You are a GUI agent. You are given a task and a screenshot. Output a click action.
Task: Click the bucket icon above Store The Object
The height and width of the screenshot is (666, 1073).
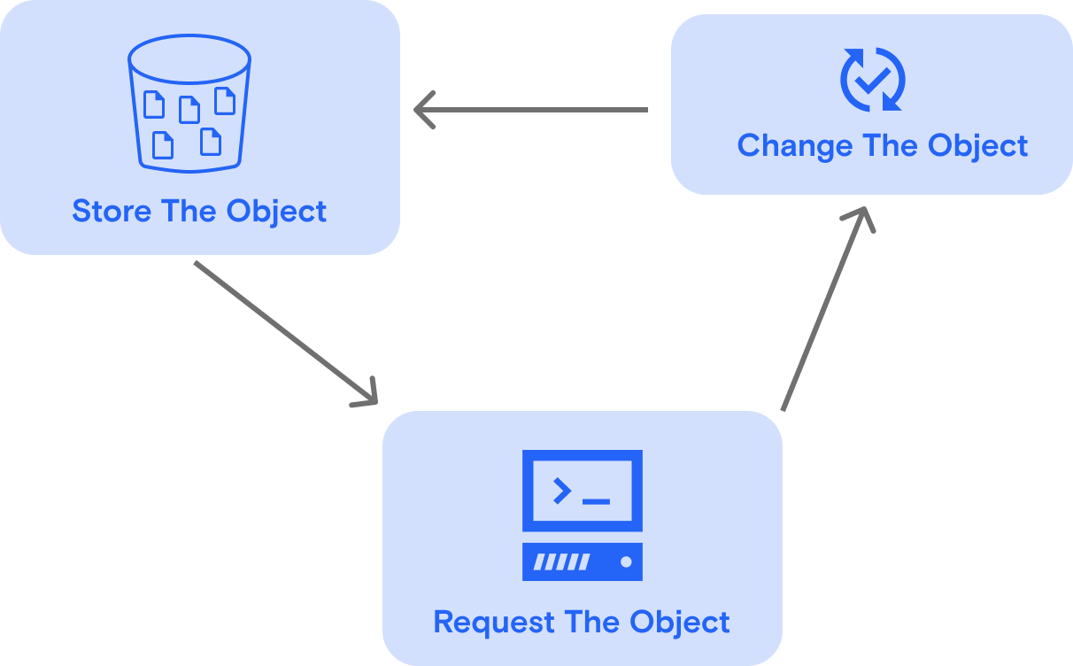click(x=189, y=104)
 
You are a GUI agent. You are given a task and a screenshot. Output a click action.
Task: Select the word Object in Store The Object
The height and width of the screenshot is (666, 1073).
click(x=276, y=212)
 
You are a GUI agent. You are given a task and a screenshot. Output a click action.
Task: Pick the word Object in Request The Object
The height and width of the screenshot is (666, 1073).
click(x=680, y=622)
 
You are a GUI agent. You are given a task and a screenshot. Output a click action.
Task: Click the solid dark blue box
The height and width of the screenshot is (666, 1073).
click(x=871, y=105)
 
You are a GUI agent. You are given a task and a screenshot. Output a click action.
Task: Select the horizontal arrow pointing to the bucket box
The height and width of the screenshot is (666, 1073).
click(x=531, y=110)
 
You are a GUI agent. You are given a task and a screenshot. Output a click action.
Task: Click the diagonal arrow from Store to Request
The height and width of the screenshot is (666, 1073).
click(x=283, y=331)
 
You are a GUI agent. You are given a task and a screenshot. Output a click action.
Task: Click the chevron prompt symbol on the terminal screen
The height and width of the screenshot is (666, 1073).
click(x=561, y=490)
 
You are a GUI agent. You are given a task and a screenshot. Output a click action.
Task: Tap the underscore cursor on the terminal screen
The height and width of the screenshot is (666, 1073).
click(x=596, y=501)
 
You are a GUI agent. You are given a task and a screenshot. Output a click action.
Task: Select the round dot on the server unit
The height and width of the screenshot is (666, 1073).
click(x=626, y=561)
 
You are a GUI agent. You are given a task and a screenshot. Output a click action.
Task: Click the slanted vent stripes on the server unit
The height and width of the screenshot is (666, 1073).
click(x=560, y=561)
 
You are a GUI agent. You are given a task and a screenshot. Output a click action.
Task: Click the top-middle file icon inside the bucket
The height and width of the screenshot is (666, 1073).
click(x=189, y=109)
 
